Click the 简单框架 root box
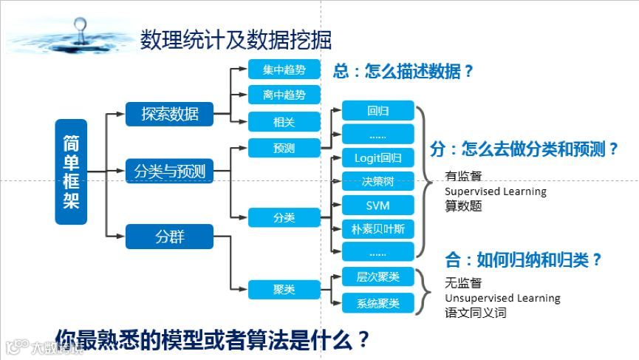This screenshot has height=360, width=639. [71, 171]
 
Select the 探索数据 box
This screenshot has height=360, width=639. [170, 114]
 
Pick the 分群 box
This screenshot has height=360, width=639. [170, 237]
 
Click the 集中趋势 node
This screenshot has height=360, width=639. [284, 69]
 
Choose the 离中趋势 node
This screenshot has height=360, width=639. [284, 95]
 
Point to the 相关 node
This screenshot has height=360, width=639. [284, 121]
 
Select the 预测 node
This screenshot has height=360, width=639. [284, 148]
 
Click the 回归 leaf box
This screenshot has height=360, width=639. [377, 112]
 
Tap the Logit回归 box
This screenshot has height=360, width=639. [377, 157]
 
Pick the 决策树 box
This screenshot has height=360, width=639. [377, 181]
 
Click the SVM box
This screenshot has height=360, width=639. [377, 205]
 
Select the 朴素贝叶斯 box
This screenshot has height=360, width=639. [377, 228]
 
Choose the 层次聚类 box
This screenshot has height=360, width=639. [377, 277]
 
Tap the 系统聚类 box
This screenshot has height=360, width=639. [377, 303]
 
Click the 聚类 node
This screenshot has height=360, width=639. [284, 289]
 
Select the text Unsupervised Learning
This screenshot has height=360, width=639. [502, 298]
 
